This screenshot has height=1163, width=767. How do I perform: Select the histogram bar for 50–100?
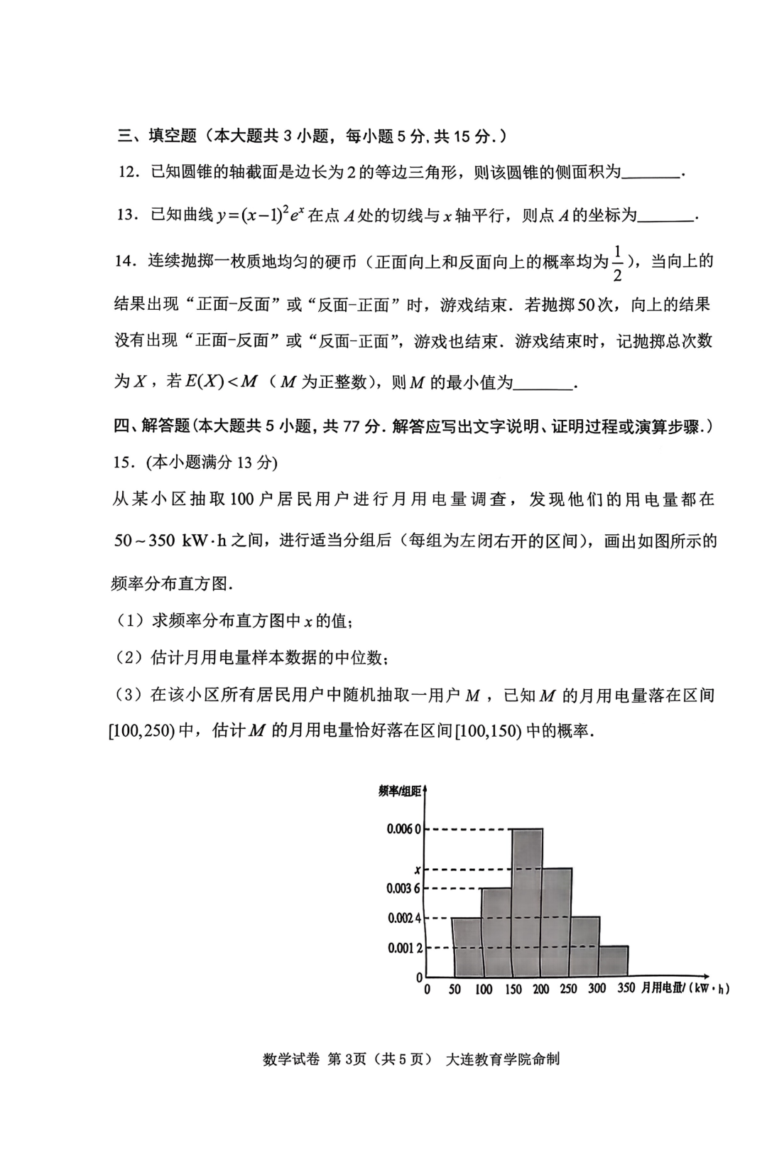pos(467,947)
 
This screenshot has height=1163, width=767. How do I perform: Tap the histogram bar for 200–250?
pos(557,922)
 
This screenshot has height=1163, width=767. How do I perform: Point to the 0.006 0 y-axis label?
pos(403,829)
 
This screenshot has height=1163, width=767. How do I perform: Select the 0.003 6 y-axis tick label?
pos(403,888)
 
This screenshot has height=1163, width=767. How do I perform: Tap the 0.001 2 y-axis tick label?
pos(404,948)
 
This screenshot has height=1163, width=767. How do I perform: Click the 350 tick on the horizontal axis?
pos(626,988)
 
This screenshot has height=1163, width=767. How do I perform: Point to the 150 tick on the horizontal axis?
pos(513,989)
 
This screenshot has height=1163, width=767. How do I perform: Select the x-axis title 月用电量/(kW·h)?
pos(685,988)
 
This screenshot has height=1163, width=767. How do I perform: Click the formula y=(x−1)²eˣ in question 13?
pos(261,215)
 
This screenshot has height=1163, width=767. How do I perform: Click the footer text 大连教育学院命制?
pos(502,1059)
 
